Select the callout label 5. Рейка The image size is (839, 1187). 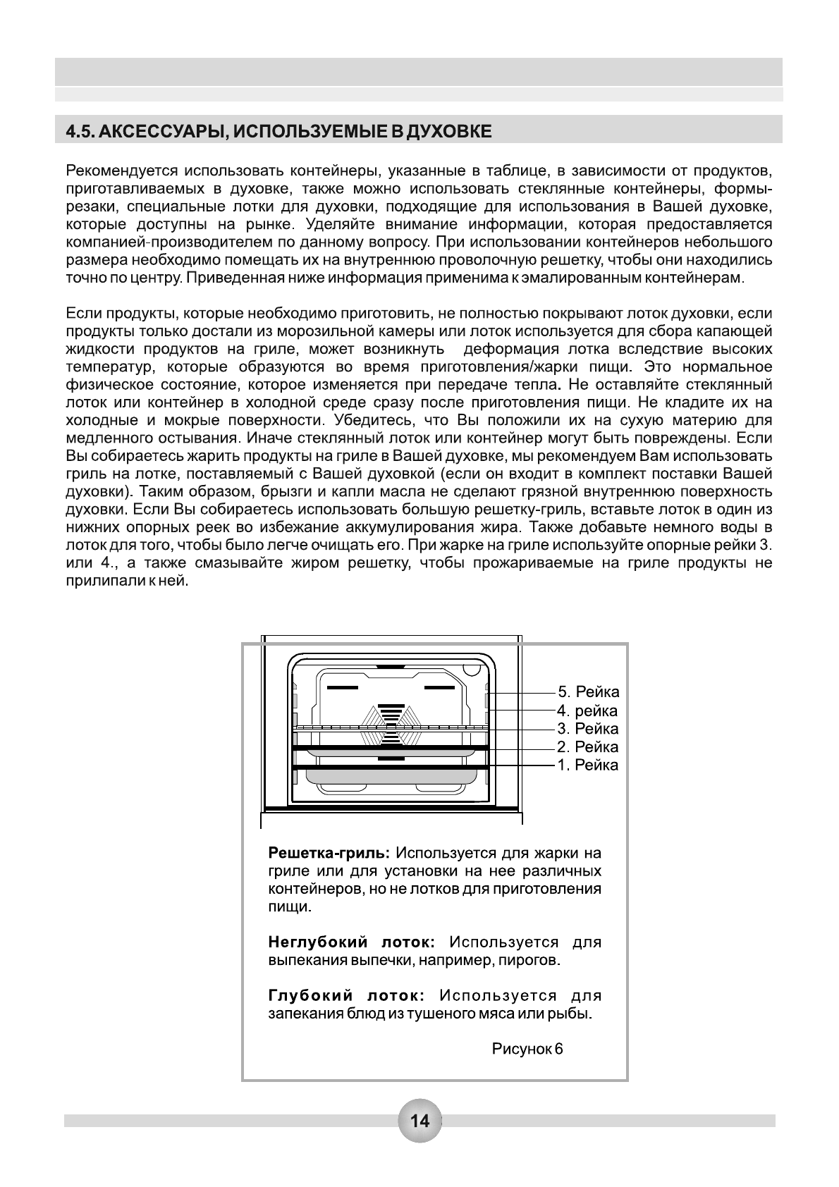pyautogui.click(x=588, y=691)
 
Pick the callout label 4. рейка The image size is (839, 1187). pyautogui.click(x=587, y=711)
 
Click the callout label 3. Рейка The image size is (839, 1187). pyautogui.click(x=588, y=728)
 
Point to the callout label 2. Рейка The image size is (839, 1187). pyautogui.click(x=588, y=746)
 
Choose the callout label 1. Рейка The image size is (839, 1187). pyautogui.click(x=588, y=765)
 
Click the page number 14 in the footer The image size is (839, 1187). pyautogui.click(x=420, y=1120)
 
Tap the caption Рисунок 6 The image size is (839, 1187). pyautogui.click(x=527, y=1048)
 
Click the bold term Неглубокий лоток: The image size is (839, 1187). pyautogui.click(x=351, y=942)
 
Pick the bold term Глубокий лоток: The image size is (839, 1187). pyautogui.click(x=345, y=995)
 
